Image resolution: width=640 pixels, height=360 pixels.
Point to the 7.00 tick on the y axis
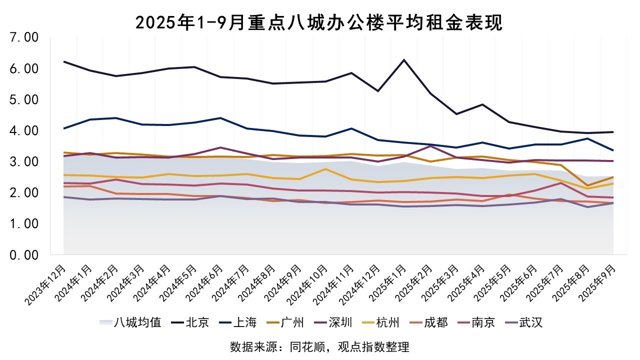point(24,37)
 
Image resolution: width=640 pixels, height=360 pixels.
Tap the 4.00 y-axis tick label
point(24,130)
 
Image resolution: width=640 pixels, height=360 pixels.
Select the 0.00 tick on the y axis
point(24,255)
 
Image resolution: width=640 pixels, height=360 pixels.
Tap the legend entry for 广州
point(292,322)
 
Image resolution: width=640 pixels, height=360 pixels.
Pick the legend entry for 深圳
point(340,322)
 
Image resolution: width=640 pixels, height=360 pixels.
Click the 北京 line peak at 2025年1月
point(404,60)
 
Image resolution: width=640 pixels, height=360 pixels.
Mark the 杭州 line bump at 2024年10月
point(325,169)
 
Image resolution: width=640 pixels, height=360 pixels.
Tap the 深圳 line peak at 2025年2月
point(430,146)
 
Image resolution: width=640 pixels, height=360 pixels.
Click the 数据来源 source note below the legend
point(319,346)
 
